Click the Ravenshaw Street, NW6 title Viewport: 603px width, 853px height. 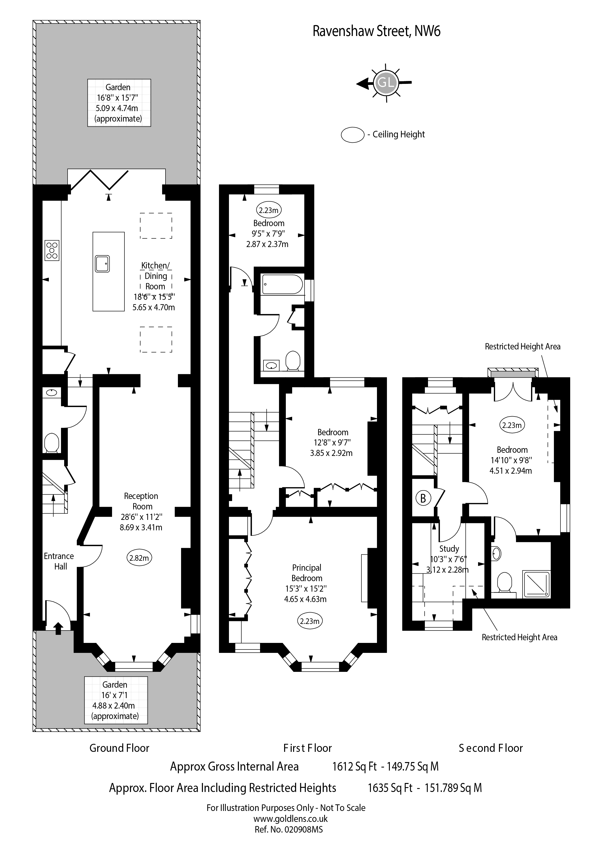(376, 31)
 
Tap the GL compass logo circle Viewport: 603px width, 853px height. (386, 82)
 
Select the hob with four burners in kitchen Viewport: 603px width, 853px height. (52, 250)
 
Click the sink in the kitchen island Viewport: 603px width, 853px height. (102, 264)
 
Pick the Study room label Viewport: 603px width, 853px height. (449, 549)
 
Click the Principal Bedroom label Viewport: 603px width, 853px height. (307, 573)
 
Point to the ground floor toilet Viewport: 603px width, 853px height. (52, 443)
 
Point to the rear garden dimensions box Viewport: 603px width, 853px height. (119, 103)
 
